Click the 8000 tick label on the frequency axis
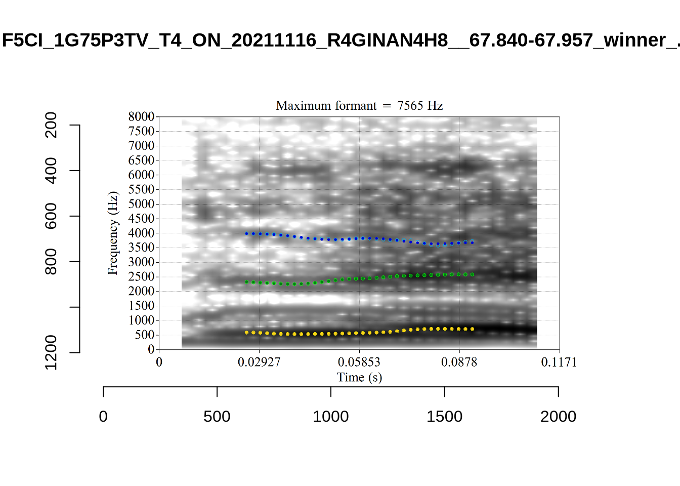point(141,117)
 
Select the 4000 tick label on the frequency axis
point(141,233)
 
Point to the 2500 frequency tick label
point(141,277)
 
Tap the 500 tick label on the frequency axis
point(145,335)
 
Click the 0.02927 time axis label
point(259,362)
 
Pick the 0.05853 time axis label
point(359,362)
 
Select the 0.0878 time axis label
point(459,362)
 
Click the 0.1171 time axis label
point(559,362)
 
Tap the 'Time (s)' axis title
point(359,378)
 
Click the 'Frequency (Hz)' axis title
point(112,233)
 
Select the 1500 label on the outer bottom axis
point(444,417)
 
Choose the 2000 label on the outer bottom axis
point(558,417)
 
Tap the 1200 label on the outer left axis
point(51,352)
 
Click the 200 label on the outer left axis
point(51,125)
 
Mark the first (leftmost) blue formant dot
point(246,234)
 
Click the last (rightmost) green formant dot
point(473,274)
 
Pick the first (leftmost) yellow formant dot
point(246,333)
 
